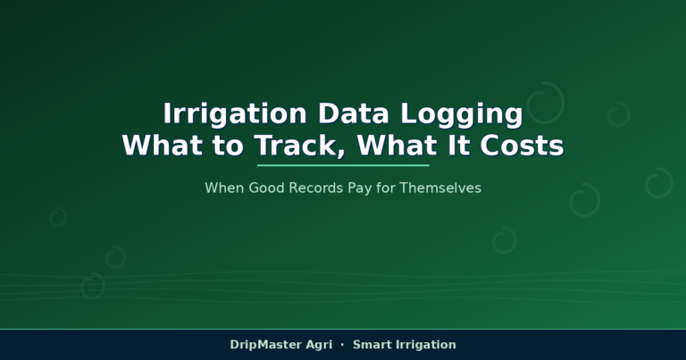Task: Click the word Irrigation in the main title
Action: tap(235, 113)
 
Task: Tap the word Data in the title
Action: tap(354, 113)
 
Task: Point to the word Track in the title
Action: tap(299, 146)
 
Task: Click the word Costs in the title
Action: tap(522, 146)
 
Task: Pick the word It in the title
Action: tap(458, 146)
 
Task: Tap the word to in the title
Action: tap(228, 147)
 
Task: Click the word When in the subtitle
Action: tap(224, 188)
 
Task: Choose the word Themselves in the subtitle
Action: tap(440, 188)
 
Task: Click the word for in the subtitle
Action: tap(386, 188)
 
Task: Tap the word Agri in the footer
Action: tap(319, 346)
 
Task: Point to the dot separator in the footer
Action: tap(342, 345)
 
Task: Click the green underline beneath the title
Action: tap(343, 165)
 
